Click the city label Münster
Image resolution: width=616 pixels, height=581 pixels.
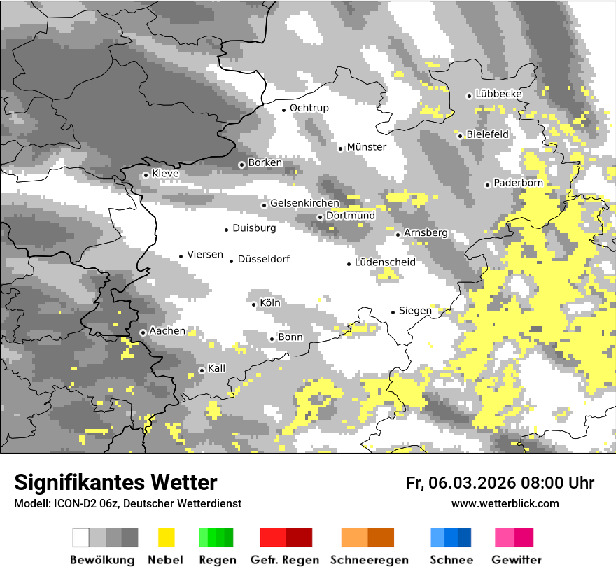pyautogui.click(x=366, y=147)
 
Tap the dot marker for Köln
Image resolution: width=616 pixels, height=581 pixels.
pyautogui.click(x=254, y=304)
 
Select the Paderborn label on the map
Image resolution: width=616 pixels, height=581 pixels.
pyautogui.click(x=518, y=183)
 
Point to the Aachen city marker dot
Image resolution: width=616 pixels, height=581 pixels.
pyautogui.click(x=143, y=332)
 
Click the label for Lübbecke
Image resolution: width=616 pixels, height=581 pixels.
pyautogui.click(x=498, y=94)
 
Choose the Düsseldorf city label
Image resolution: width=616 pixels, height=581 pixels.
pyautogui.click(x=263, y=260)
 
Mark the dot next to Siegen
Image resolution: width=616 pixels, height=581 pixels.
pyautogui.click(x=393, y=312)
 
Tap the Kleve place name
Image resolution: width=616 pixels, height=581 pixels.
pyautogui.click(x=165, y=174)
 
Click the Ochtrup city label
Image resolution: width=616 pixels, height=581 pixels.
pyautogui.click(x=309, y=108)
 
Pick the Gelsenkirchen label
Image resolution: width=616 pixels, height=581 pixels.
pyautogui.click(x=304, y=204)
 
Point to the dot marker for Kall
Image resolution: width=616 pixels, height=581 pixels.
pyautogui.click(x=202, y=370)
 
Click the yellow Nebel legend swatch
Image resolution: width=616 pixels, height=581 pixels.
pyautogui.click(x=166, y=538)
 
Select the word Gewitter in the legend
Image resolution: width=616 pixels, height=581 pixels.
pyautogui.click(x=516, y=560)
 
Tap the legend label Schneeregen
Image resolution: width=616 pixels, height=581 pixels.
pyautogui.click(x=369, y=560)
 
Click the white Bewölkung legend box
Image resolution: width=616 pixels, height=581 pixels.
pyautogui.click(x=81, y=538)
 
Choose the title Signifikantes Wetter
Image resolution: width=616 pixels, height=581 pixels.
pyautogui.click(x=115, y=482)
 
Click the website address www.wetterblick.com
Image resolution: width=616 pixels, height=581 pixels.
pyautogui.click(x=505, y=504)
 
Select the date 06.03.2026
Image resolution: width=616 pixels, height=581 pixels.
pyautogui.click(x=472, y=483)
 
